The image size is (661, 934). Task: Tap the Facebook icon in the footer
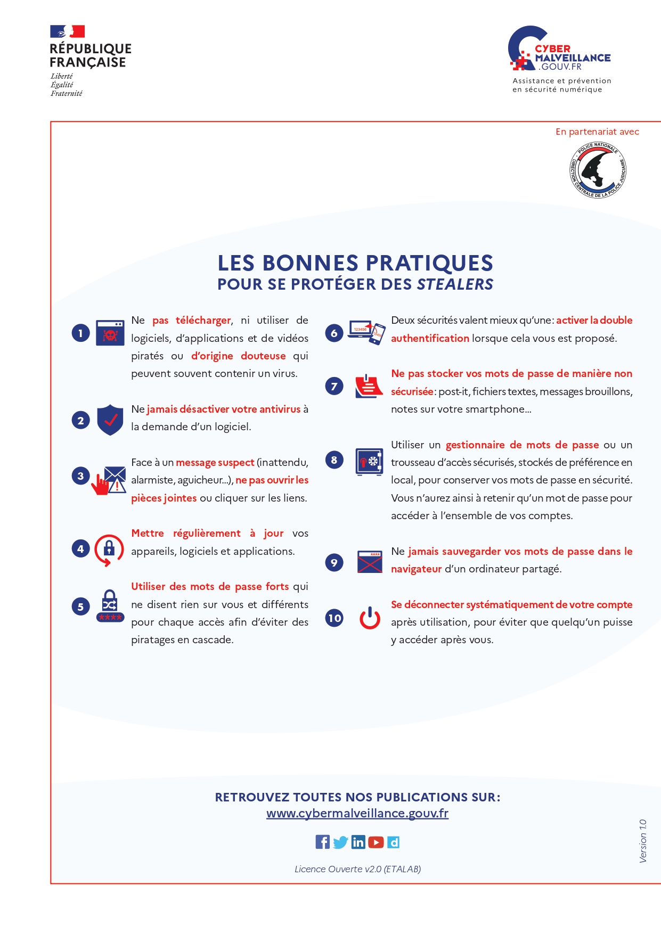[322, 842]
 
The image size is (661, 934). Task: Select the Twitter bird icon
[340, 842]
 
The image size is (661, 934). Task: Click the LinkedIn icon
[358, 842]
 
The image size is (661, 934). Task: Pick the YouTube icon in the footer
[376, 842]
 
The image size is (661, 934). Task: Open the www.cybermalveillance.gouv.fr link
[357, 814]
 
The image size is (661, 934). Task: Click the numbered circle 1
[80, 333]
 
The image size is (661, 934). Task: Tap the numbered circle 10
[334, 618]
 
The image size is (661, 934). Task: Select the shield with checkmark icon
[110, 420]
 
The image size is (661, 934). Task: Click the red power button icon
[370, 618]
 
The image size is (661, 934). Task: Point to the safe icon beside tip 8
[370, 461]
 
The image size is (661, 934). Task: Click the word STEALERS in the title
[455, 284]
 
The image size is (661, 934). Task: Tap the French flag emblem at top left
[67, 31]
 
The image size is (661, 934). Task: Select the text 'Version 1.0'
[643, 841]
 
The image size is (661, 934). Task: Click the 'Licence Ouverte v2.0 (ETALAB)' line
[357, 869]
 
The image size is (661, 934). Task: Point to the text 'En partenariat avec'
[597, 132]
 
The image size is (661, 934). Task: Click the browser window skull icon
[110, 333]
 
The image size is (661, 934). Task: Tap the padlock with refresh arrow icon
[109, 549]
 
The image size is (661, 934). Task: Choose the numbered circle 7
[334, 386]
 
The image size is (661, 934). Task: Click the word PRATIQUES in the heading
[429, 263]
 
